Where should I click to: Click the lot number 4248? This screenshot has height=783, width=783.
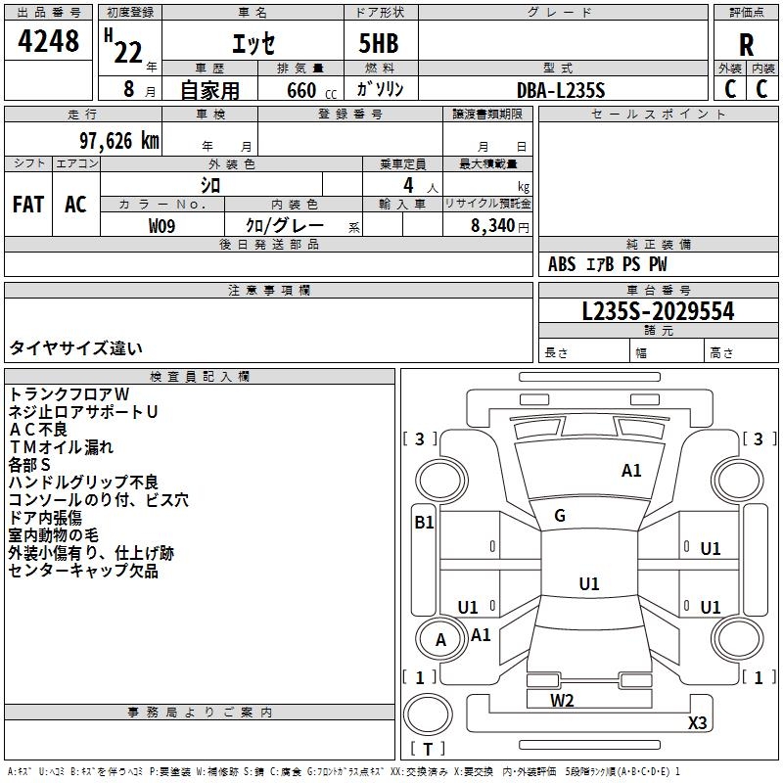(48, 42)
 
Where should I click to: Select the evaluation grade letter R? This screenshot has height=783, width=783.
(746, 45)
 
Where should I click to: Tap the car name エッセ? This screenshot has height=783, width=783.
(253, 43)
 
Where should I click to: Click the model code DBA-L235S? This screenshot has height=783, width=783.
(561, 90)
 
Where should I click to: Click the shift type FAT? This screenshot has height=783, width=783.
(27, 205)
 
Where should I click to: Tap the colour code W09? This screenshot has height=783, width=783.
(162, 225)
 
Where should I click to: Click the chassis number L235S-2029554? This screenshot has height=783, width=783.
(658, 312)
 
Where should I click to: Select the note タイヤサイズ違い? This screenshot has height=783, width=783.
(76, 347)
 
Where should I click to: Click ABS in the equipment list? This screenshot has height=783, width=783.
(562, 264)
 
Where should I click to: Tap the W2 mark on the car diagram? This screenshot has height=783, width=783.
(562, 700)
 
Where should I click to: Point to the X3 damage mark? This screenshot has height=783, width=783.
(698, 723)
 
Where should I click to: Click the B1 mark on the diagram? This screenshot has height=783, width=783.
(423, 523)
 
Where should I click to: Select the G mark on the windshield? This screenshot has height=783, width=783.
(559, 516)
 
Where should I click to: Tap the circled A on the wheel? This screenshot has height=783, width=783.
(440, 639)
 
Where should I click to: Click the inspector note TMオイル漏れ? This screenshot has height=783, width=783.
(61, 447)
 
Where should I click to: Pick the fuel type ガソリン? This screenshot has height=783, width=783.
(380, 90)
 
